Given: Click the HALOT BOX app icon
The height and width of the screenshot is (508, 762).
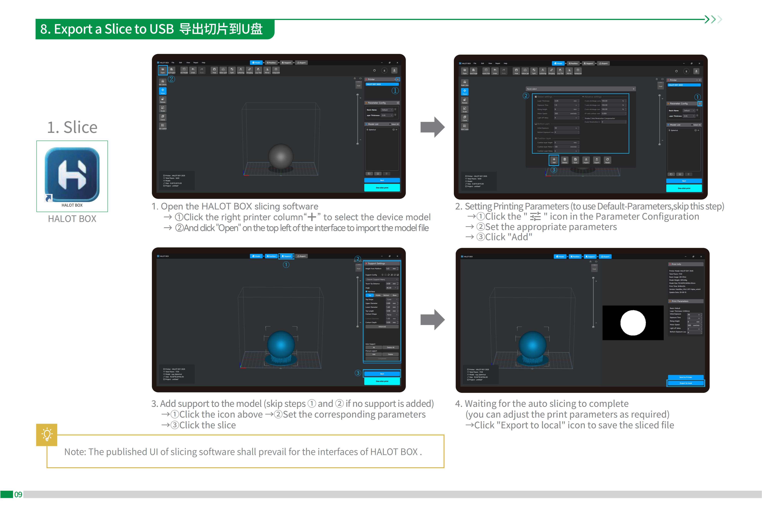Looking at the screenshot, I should [x=72, y=175].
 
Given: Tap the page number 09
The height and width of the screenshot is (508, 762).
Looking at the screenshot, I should [x=18, y=494].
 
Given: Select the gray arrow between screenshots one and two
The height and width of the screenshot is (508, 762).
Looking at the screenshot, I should [x=432, y=127].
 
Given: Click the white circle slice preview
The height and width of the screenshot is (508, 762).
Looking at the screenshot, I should [x=633, y=323].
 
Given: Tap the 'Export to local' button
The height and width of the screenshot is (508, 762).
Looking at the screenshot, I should [x=686, y=383].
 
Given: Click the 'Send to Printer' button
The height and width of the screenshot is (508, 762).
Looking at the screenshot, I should [x=686, y=377].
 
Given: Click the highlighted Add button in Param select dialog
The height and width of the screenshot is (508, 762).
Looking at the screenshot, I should [x=554, y=160].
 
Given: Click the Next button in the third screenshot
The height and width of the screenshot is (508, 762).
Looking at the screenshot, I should [x=382, y=374].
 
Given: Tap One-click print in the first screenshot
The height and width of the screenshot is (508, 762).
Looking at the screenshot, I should [x=382, y=188].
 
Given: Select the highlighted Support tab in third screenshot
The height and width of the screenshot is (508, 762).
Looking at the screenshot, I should [x=287, y=256].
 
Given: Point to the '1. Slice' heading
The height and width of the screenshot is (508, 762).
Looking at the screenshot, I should [x=72, y=127].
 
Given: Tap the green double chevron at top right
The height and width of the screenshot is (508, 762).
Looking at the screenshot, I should [x=713, y=19].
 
